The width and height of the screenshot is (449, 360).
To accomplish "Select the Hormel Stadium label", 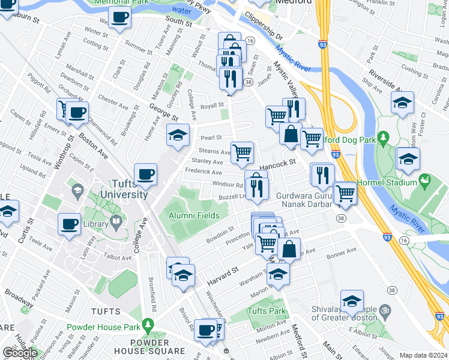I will click(393, 182).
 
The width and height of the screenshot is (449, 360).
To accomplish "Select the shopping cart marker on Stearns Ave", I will click(242, 152).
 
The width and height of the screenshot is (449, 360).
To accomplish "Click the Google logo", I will click(19, 353).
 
